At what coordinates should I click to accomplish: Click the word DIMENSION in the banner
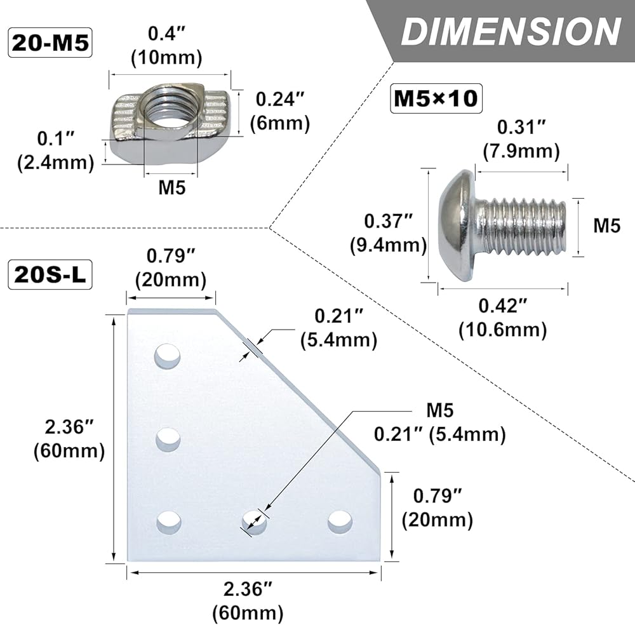511,32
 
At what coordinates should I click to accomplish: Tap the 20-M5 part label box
50,43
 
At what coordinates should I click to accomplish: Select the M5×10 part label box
436,98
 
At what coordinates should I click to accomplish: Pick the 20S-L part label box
50,274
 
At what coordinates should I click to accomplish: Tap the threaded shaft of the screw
521,227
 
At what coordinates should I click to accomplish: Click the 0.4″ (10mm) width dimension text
166,45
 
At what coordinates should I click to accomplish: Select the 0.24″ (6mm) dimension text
280,111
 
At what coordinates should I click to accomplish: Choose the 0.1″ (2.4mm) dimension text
55,151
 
